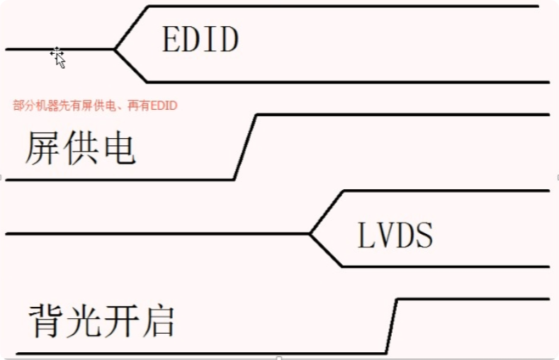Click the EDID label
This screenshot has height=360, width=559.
point(200,40)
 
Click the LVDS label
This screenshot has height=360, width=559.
point(395,235)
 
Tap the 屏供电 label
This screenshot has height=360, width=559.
point(80,150)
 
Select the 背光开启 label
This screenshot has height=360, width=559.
point(101,321)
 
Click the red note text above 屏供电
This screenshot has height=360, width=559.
point(95,106)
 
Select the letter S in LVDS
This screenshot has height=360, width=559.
point(424,235)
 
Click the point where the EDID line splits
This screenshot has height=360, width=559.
point(115,50)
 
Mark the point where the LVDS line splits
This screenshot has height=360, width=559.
point(310,233)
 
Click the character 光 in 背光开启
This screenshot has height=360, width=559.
point(83,321)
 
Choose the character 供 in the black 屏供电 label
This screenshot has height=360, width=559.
point(79,150)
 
